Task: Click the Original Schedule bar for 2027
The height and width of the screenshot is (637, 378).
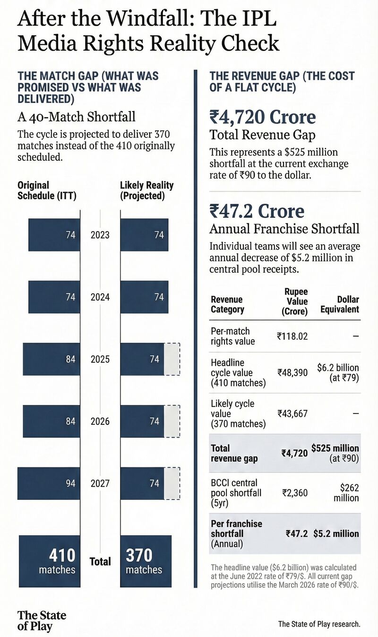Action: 49,483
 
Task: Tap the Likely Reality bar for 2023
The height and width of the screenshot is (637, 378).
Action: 144,235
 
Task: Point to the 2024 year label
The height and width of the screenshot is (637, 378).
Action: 100,297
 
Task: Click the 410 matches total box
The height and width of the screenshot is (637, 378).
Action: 48,561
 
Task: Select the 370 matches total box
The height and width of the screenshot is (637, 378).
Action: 146,561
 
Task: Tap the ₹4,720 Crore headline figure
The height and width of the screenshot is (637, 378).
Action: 263,117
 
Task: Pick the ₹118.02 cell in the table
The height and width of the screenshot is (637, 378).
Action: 292,336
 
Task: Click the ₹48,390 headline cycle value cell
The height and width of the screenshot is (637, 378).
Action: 292,372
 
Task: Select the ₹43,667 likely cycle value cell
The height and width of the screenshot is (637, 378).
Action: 292,413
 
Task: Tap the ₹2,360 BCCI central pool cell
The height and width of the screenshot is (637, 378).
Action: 294,493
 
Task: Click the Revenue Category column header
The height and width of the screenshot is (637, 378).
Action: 227,304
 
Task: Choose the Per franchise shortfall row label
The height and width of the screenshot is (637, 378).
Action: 236,534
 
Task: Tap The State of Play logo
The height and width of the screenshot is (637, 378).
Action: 42,620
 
